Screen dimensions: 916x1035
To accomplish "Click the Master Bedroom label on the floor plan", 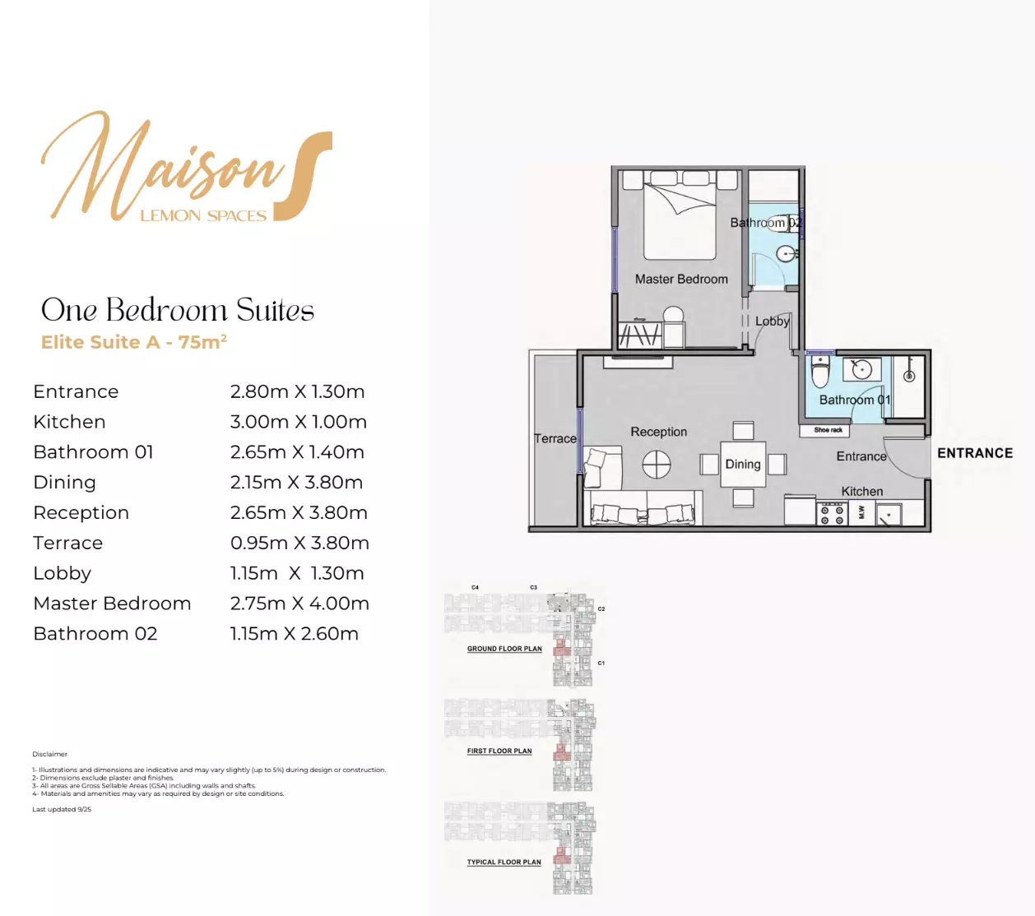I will tap(681, 280).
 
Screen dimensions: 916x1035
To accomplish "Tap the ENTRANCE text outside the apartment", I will tap(975, 453).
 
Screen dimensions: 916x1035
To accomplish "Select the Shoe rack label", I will tap(828, 430).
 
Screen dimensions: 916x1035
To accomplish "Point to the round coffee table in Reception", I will tap(657, 465).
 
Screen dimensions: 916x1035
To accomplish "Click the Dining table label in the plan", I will tap(743, 465).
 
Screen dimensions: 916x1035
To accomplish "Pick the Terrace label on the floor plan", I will tap(555, 439).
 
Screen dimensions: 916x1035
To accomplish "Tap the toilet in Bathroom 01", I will tap(820, 372).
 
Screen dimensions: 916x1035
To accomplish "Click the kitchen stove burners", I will tap(832, 515).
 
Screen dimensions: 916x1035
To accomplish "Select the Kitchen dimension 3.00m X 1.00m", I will tap(299, 422).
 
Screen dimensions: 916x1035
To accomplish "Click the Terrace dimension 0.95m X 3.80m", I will tap(299, 543).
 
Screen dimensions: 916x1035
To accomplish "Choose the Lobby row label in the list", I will tap(63, 573).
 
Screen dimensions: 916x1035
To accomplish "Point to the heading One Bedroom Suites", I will tap(178, 310).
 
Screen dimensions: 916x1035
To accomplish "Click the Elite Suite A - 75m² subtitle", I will tap(134, 342).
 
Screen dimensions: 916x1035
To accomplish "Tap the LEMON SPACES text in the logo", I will tap(203, 216).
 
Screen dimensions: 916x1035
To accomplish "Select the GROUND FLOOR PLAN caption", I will tap(504, 649).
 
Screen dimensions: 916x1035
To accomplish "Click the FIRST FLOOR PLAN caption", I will tap(499, 751).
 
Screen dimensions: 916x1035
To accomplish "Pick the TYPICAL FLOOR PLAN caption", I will tap(504, 863).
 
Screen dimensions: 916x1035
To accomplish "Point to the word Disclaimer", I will tap(50, 754).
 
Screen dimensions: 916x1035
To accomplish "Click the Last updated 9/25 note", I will tap(62, 810).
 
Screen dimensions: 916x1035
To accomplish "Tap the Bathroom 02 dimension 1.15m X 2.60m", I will tap(295, 634).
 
